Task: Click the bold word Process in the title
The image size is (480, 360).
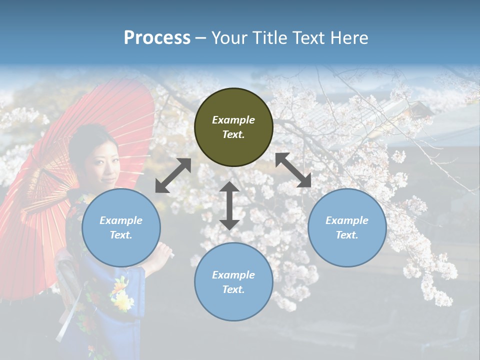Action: tap(157, 38)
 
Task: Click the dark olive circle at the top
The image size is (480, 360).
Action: tap(233, 127)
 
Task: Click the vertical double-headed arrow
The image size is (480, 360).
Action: tap(229, 205)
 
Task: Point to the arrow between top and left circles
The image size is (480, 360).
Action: tap(173, 175)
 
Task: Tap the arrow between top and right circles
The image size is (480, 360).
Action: tap(293, 170)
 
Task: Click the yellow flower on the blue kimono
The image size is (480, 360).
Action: tap(121, 295)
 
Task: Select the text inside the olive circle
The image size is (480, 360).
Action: tap(233, 127)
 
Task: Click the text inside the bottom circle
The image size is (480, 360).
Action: tap(233, 282)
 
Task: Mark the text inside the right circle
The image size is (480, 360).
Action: tap(347, 227)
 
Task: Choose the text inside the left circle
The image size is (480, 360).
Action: tap(121, 227)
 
